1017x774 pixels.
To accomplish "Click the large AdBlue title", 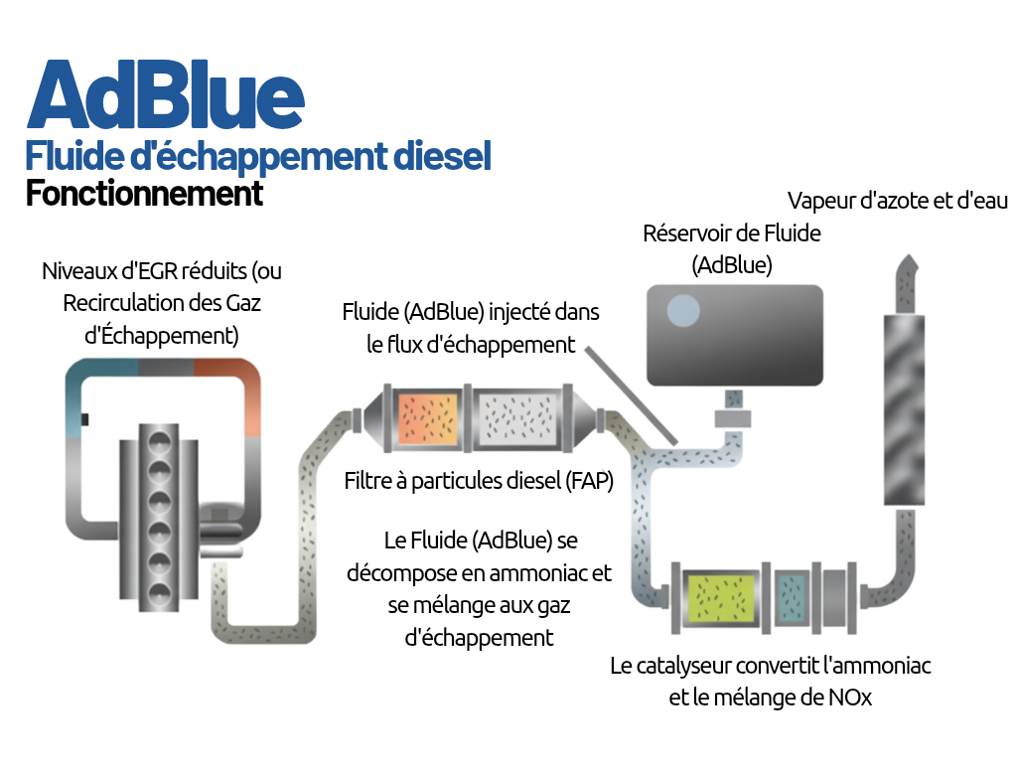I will click(165, 95).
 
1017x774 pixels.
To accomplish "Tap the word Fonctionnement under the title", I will click(144, 193).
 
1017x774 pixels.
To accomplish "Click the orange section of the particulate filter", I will click(429, 416).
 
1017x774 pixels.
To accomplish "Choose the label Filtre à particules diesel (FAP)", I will click(479, 482).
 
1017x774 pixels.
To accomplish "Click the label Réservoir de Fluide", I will click(732, 233).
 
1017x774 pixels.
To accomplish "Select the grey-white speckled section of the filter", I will click(516, 416).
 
